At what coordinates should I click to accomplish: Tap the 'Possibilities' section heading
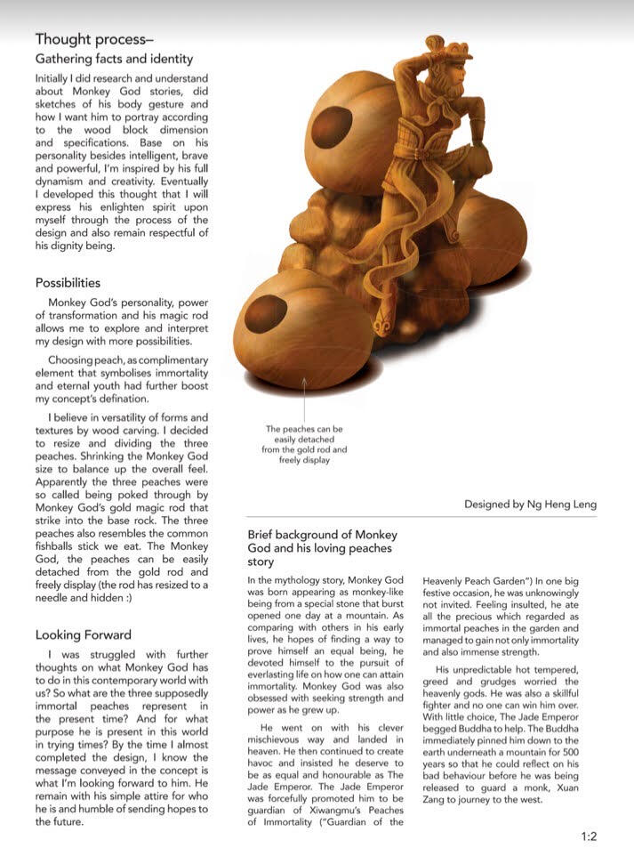68,283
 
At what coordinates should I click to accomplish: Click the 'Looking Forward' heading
84,634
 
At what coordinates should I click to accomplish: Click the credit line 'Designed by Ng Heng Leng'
530,504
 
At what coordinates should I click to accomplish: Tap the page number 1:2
589,836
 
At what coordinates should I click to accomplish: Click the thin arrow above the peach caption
305,396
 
